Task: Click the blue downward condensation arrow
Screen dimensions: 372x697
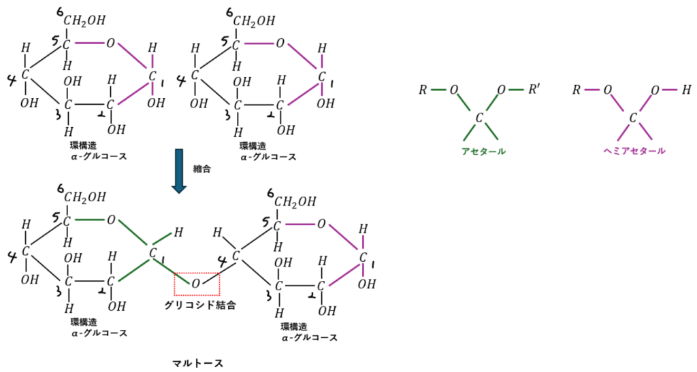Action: click(x=179, y=171)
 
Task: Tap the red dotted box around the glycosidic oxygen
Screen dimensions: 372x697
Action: click(x=197, y=284)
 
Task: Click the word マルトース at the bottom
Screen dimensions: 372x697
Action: click(x=197, y=363)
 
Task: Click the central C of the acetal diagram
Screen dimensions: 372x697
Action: click(x=479, y=118)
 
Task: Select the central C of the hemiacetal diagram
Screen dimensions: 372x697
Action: click(x=632, y=118)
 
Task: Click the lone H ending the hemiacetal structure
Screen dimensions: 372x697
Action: click(x=686, y=89)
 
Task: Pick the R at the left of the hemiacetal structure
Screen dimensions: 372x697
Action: click(x=576, y=89)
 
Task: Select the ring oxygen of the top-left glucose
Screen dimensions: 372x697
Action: click(x=110, y=44)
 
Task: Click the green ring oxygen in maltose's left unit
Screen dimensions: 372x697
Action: click(x=110, y=220)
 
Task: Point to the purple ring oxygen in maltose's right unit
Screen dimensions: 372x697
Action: click(x=322, y=223)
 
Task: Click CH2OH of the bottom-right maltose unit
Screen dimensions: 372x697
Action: click(x=296, y=202)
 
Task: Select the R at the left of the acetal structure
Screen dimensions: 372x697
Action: click(x=423, y=89)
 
